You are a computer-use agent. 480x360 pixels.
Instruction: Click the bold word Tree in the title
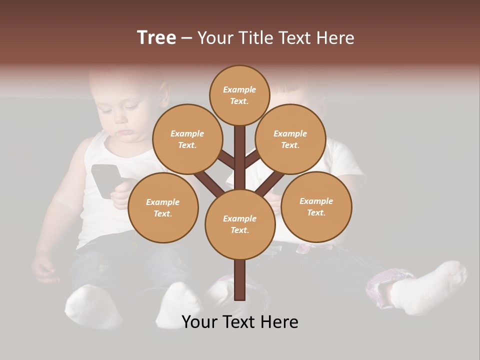[156, 37]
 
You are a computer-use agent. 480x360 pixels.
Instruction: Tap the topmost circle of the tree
[239, 95]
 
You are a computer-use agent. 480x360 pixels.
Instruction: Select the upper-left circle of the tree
[187, 139]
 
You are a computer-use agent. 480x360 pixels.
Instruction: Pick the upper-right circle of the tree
[290, 139]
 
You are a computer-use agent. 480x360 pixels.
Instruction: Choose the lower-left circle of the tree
[163, 207]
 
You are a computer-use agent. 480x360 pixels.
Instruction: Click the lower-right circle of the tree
[316, 206]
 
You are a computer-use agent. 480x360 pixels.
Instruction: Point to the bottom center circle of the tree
[239, 224]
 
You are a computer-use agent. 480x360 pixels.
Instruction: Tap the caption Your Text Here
[239, 322]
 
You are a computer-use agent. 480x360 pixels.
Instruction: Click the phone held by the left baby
[104, 180]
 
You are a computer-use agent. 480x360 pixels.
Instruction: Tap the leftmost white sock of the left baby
[92, 305]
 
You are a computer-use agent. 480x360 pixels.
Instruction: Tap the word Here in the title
[335, 38]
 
